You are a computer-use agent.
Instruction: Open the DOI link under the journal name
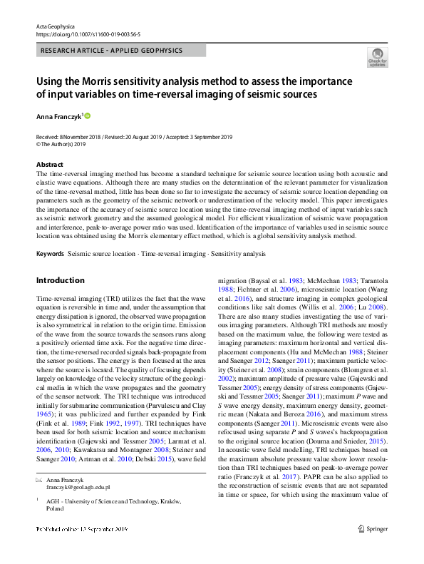[78, 34]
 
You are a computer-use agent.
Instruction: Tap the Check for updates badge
[377, 56]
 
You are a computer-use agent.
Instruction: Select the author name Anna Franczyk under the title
[58, 115]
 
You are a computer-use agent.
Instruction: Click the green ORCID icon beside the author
[88, 115]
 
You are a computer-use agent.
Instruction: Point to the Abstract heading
[49, 165]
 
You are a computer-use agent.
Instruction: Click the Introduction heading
[61, 280]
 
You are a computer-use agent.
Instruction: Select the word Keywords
[50, 254]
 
